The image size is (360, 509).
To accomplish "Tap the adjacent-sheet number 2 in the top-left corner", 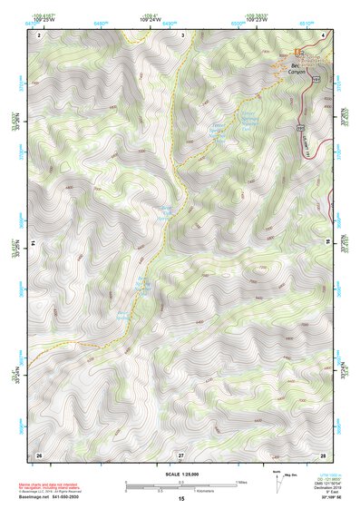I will click(x=39, y=35).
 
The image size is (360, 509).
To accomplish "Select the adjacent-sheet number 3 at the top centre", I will click(x=182, y=35).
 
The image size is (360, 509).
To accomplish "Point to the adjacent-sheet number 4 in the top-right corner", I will click(x=323, y=35).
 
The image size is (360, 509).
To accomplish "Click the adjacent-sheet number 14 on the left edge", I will click(x=34, y=243).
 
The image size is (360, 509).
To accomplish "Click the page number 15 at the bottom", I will click(x=181, y=499).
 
